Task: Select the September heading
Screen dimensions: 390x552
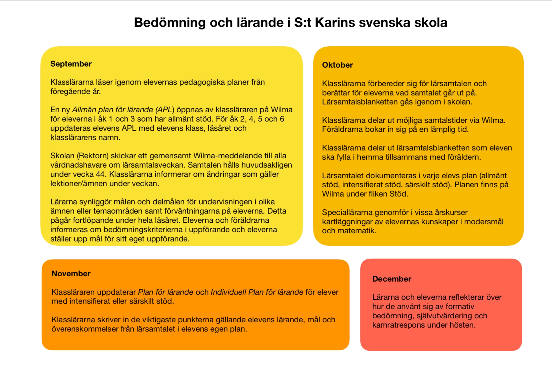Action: point(71,64)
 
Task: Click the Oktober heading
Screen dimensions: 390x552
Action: point(337,65)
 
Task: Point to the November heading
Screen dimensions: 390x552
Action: point(71,273)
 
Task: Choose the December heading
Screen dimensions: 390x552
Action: point(392,279)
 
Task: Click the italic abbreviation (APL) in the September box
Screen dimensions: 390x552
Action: point(165,110)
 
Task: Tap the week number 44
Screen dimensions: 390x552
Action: point(100,174)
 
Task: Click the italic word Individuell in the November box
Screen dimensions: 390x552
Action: point(228,292)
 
